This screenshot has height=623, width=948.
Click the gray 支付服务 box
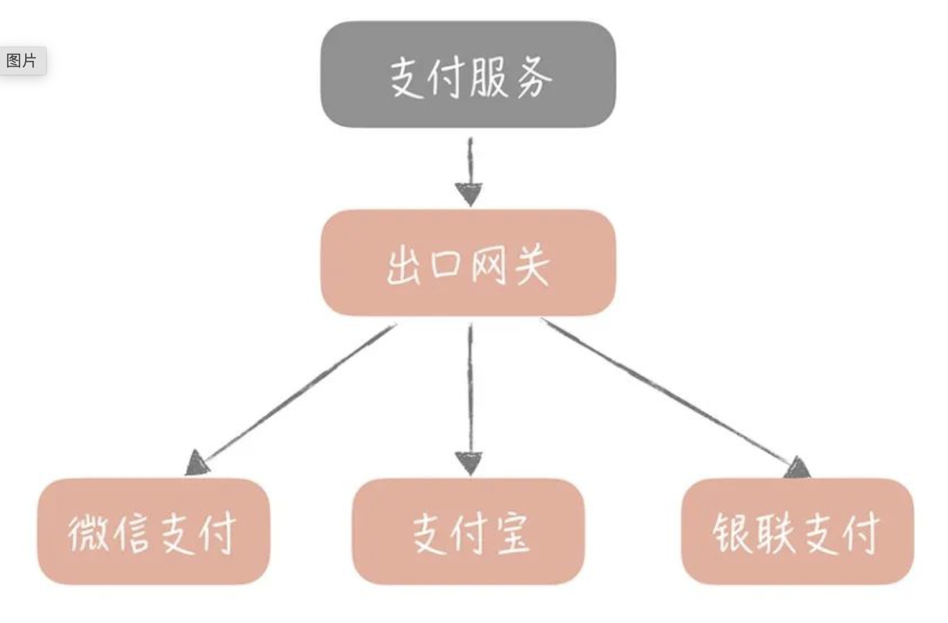click(468, 75)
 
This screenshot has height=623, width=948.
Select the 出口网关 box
click(468, 263)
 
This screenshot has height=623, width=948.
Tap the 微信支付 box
click(154, 532)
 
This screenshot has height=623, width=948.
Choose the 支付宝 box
click(468, 532)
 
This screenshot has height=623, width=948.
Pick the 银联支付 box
click(797, 532)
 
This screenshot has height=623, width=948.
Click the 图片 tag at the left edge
click(22, 61)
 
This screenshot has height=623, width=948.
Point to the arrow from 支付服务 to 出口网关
click(470, 172)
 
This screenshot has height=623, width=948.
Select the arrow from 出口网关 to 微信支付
click(291, 400)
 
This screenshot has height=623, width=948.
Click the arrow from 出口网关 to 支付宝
click(470, 400)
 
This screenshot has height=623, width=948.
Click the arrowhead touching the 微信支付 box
click(197, 464)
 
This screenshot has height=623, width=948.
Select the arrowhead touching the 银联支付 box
click(798, 468)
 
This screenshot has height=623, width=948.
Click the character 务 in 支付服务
click(534, 79)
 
